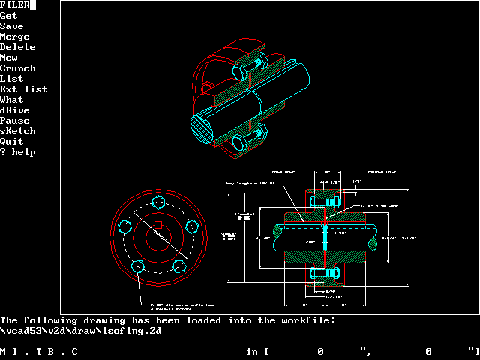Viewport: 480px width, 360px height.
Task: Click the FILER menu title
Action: click(16, 5)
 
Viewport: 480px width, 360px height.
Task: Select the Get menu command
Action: click(9, 16)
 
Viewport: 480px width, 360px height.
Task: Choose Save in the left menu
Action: click(12, 26)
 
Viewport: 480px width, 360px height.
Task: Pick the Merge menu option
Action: click(15, 37)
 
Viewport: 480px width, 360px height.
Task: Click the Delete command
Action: click(18, 47)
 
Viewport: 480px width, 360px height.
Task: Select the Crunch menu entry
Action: click(18, 68)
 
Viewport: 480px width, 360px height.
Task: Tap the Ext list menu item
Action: click(23, 89)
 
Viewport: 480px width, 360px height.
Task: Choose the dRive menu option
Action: click(15, 110)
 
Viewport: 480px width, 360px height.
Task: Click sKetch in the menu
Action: click(18, 131)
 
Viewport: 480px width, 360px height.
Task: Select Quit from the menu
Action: click(12, 142)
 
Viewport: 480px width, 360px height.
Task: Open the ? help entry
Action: click(18, 152)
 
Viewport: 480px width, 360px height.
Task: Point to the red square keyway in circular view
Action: click(157, 225)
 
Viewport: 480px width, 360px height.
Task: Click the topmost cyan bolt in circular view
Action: click(157, 203)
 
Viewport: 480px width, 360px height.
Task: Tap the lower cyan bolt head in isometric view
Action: click(240, 142)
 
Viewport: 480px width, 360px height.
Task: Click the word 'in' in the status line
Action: click(252, 351)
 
